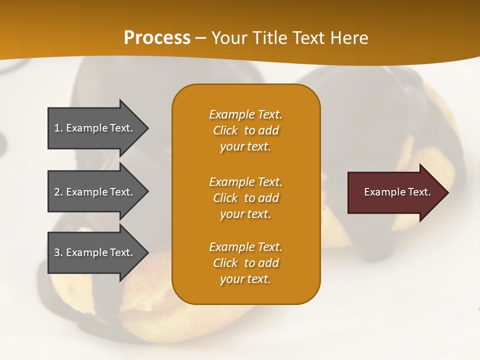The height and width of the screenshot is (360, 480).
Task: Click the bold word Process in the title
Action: pyautogui.click(x=157, y=38)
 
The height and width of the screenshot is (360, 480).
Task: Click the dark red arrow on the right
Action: pyautogui.click(x=395, y=192)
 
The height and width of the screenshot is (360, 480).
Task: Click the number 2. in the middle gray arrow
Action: pyautogui.click(x=58, y=192)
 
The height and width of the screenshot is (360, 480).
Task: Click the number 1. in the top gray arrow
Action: pyautogui.click(x=58, y=128)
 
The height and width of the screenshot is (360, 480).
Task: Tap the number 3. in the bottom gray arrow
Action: pyautogui.click(x=58, y=252)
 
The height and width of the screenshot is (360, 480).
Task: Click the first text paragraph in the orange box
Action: pyautogui.click(x=245, y=130)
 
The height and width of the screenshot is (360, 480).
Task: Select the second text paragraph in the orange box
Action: pyautogui.click(x=245, y=198)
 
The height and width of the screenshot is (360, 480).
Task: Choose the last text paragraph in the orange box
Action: pyautogui.click(x=245, y=263)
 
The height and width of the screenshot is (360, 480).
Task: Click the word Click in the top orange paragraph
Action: pyautogui.click(x=225, y=130)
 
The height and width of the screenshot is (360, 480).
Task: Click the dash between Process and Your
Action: pyautogui.click(x=201, y=38)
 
